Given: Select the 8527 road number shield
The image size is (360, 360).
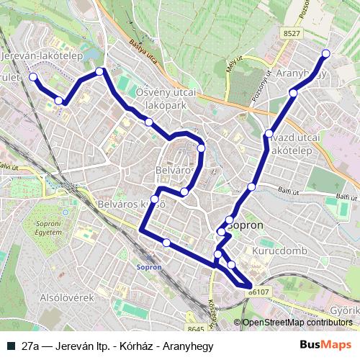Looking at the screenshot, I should coord(292,33).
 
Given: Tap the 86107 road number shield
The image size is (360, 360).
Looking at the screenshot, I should coord(259,292).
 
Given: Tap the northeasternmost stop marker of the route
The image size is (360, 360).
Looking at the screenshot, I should coord(325,53).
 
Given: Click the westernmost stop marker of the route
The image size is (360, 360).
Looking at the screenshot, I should coord(32,76).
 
